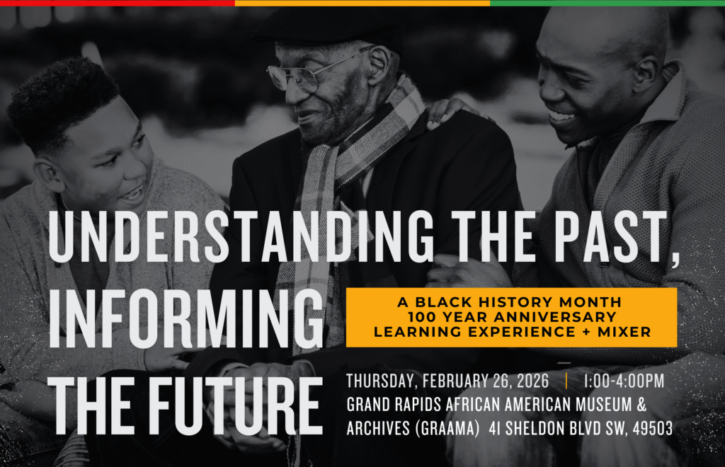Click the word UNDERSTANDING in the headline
tap(241, 236)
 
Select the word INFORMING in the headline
tap(186, 318)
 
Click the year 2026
tap(532, 381)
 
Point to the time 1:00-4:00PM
tap(624, 381)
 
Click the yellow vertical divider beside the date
tap(566, 381)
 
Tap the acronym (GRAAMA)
tap(447, 428)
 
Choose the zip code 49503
tap(652, 428)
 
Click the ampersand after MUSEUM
tap(641, 404)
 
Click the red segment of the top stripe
tap(118, 3)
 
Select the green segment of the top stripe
tap(607, 3)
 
